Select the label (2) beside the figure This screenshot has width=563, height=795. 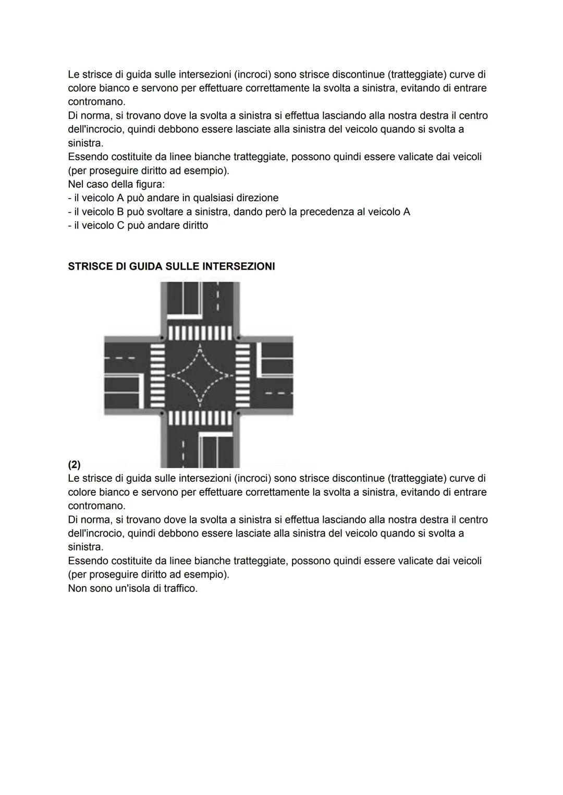click(74, 464)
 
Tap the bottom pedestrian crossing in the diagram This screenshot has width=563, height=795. click(200, 418)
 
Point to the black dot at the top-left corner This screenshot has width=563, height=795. click(162, 338)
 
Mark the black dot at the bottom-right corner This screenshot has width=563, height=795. click(238, 413)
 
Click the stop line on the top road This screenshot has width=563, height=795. click(183, 316)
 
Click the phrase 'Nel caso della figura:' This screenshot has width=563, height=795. click(116, 184)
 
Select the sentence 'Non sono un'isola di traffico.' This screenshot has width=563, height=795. click(133, 589)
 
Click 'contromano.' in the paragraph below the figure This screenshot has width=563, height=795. click(96, 506)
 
